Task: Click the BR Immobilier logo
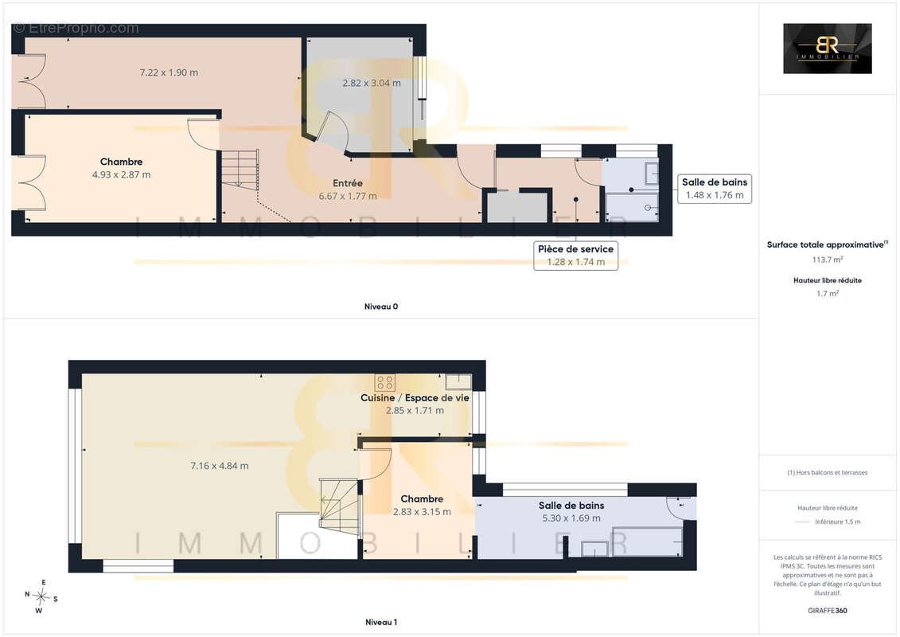(827, 49)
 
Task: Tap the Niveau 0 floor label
(381, 307)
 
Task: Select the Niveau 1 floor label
(381, 622)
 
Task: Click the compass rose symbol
(41, 597)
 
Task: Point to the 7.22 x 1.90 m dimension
(169, 72)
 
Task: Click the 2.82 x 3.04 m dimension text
(372, 83)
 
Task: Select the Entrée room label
(348, 183)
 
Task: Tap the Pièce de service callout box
(575, 255)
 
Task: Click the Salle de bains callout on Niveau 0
(715, 189)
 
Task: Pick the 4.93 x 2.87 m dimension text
(122, 174)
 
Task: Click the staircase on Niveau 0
(240, 169)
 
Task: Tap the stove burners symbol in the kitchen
(384, 382)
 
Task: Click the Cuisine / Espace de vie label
(415, 397)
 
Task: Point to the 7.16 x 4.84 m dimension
(220, 466)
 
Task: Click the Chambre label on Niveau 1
(422, 499)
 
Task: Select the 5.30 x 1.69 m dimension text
(571, 518)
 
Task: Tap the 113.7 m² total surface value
(827, 260)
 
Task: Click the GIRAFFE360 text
(827, 611)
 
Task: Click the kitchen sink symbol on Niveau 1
(458, 381)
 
